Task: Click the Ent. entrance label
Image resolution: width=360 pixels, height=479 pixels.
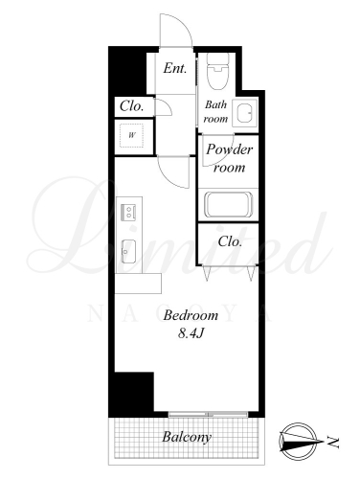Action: click(x=175, y=68)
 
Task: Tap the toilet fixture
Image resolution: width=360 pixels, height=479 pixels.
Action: click(x=218, y=71)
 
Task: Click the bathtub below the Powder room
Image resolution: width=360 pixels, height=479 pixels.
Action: click(x=228, y=204)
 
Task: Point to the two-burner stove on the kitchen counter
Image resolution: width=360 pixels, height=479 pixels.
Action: click(x=128, y=212)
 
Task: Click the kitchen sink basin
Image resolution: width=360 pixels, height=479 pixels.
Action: click(x=128, y=251)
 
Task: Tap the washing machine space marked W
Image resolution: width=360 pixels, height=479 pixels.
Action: click(x=131, y=135)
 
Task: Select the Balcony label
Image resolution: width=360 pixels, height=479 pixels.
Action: click(x=187, y=437)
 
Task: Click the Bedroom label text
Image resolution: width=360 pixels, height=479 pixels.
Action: click(x=191, y=315)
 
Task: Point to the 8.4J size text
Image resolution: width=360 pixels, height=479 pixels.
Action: click(x=191, y=333)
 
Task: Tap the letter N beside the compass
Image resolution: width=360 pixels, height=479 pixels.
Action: click(x=333, y=442)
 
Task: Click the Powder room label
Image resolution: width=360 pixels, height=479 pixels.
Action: click(x=229, y=158)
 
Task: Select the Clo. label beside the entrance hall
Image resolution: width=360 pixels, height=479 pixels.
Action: click(x=131, y=106)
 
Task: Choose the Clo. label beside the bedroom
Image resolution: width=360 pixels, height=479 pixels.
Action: click(x=230, y=241)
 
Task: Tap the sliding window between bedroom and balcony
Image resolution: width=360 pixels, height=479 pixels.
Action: click(x=208, y=415)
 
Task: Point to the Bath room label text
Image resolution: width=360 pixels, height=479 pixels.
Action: click(x=215, y=111)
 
